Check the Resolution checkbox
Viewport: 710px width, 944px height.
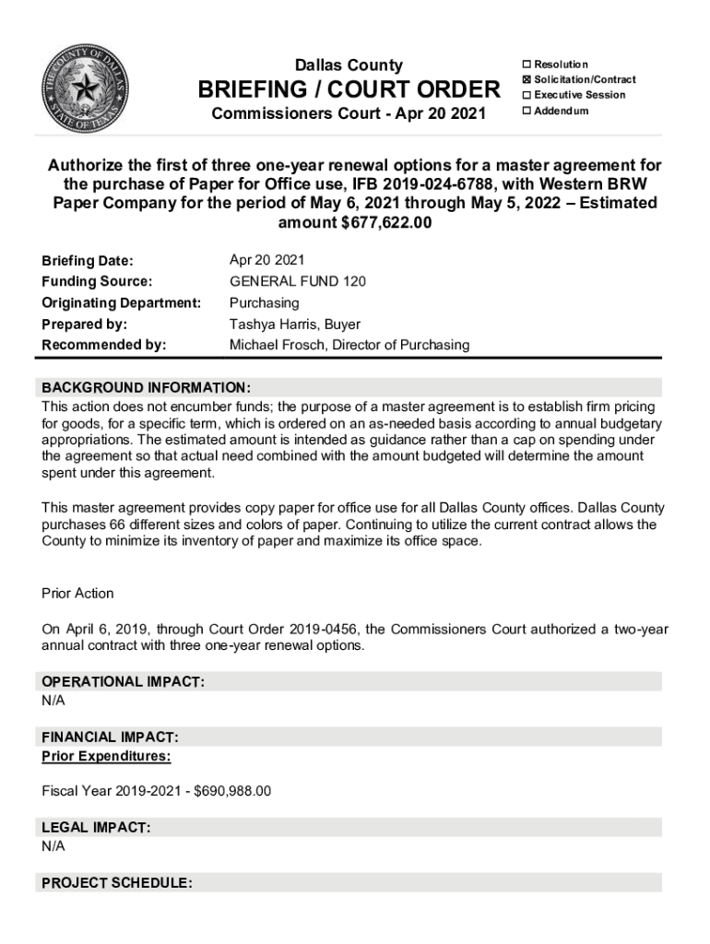tap(527, 65)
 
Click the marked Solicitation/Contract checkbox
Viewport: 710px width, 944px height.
tap(527, 80)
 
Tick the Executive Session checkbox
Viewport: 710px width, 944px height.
tap(527, 95)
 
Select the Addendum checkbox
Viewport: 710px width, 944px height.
tap(527, 111)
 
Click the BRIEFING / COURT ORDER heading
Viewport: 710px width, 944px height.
tap(349, 90)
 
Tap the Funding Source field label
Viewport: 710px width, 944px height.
tap(97, 281)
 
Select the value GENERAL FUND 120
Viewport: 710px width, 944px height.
tap(297, 281)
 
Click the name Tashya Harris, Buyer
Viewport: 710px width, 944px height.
tap(294, 324)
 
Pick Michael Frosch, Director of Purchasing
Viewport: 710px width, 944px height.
tap(349, 345)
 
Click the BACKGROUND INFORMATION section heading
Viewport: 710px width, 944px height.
tap(146, 387)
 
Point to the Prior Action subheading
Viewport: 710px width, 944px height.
tap(78, 593)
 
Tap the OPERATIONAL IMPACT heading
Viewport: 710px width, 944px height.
tap(123, 681)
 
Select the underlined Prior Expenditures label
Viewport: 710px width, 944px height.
tap(106, 757)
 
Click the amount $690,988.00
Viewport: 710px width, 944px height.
tap(233, 791)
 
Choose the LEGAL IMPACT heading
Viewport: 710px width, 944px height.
tap(96, 828)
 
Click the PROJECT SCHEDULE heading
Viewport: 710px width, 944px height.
tap(117, 883)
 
